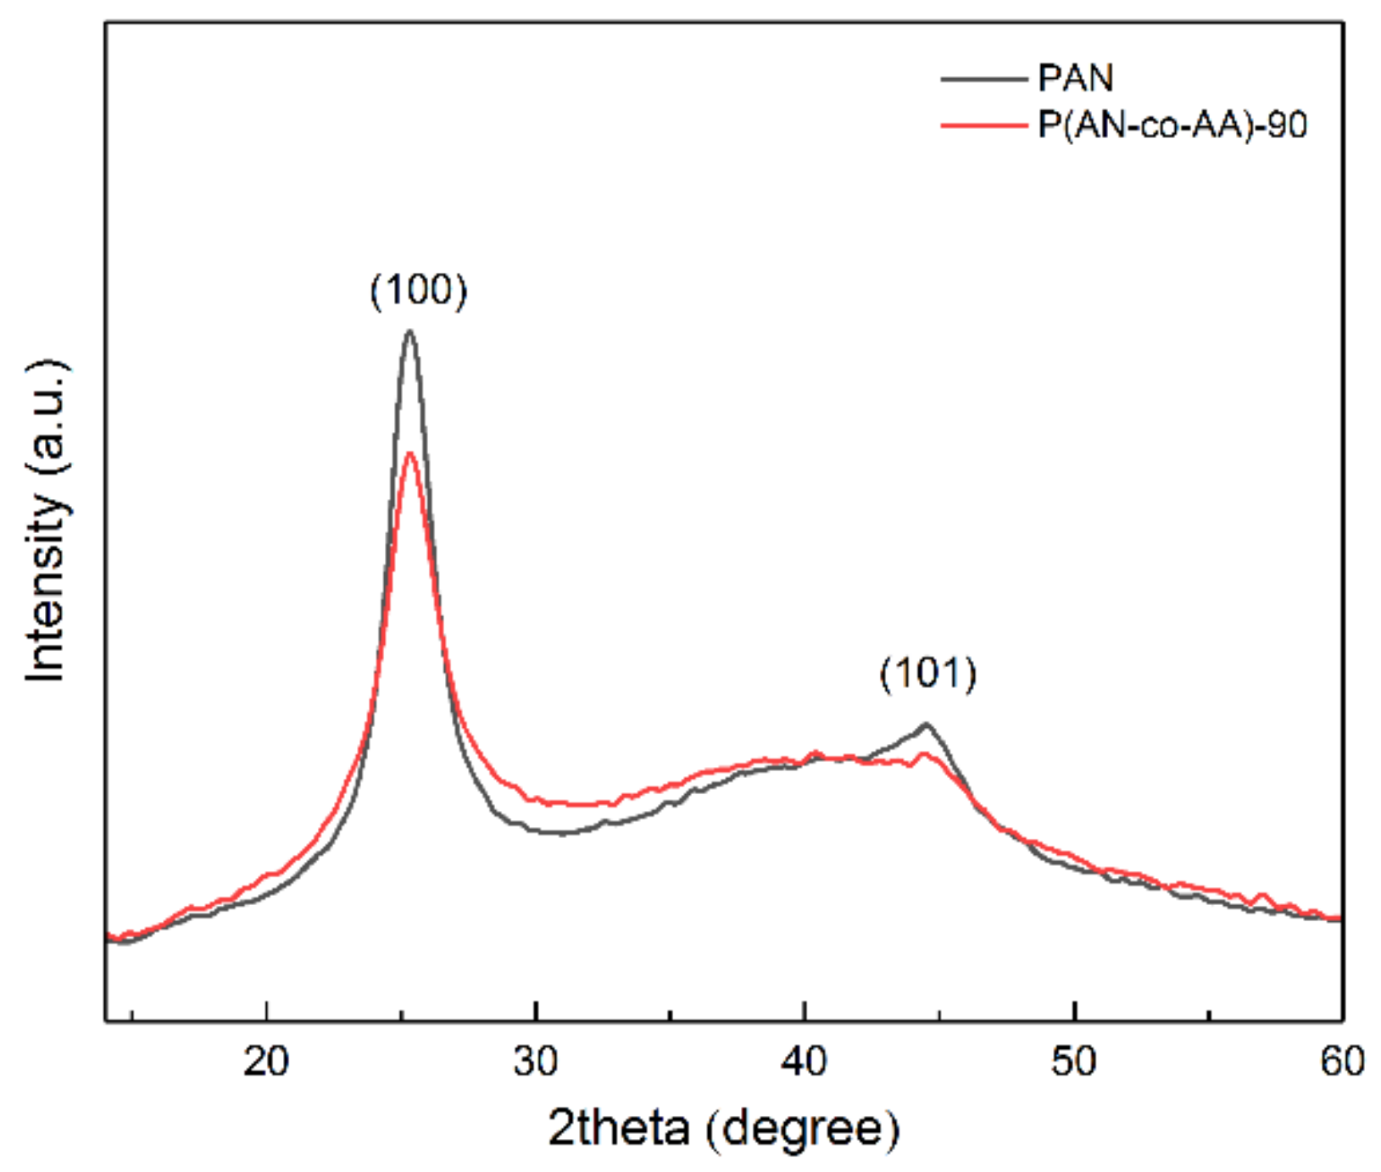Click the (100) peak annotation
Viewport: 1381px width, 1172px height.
coord(418,291)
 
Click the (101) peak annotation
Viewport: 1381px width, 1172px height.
coord(927,674)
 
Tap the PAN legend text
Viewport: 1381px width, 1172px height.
coord(1075,78)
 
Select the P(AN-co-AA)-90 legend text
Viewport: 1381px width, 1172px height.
coord(1172,125)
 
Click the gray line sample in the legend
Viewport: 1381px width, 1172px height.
coord(983,79)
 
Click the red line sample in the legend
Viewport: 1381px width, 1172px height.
coord(983,126)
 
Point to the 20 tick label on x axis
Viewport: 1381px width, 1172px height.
coord(266,1061)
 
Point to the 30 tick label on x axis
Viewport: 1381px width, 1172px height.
coord(536,1061)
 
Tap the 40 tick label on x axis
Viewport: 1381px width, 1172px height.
coord(805,1061)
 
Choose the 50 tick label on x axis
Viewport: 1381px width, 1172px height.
coord(1073,1061)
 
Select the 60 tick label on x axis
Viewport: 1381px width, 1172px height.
coord(1342,1061)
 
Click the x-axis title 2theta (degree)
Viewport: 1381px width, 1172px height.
coord(723,1128)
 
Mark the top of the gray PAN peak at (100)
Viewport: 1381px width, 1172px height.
coord(409,331)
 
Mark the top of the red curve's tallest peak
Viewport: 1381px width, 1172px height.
coord(410,453)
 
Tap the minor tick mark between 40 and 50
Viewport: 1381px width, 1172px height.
coord(939,1014)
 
